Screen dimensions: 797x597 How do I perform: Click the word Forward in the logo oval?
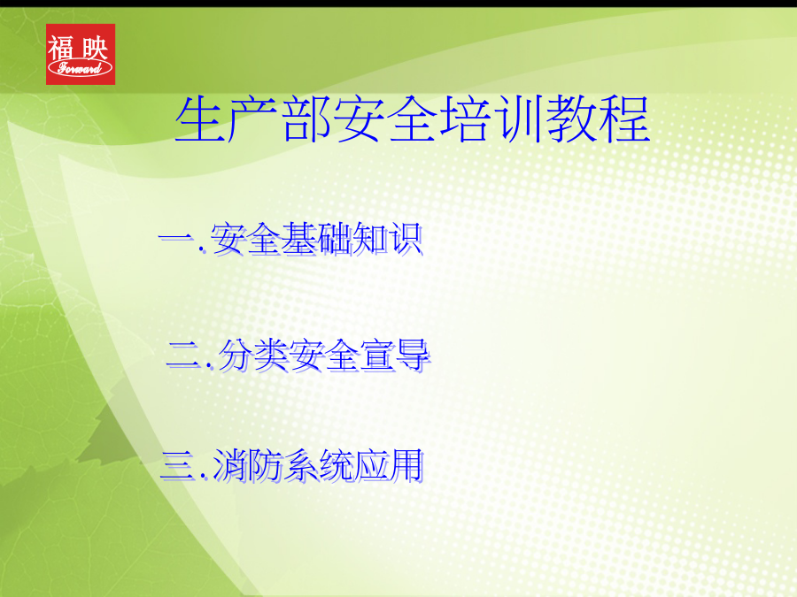tap(80, 68)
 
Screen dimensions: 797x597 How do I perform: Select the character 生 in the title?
tap(200, 119)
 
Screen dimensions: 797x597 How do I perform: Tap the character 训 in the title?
tap(518, 119)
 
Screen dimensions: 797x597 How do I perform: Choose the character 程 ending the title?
tap(623, 119)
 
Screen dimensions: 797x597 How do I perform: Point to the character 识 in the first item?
tap(406, 238)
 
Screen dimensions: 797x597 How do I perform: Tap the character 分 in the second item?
tap(236, 355)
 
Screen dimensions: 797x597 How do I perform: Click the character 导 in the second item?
tap(414, 355)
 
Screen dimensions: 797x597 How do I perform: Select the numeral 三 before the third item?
tap(178, 465)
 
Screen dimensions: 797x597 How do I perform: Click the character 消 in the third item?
tap(229, 465)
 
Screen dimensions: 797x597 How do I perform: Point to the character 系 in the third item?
tap(300, 465)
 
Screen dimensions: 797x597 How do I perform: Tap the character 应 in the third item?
tap(371, 465)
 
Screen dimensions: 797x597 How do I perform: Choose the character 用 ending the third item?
tap(406, 465)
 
